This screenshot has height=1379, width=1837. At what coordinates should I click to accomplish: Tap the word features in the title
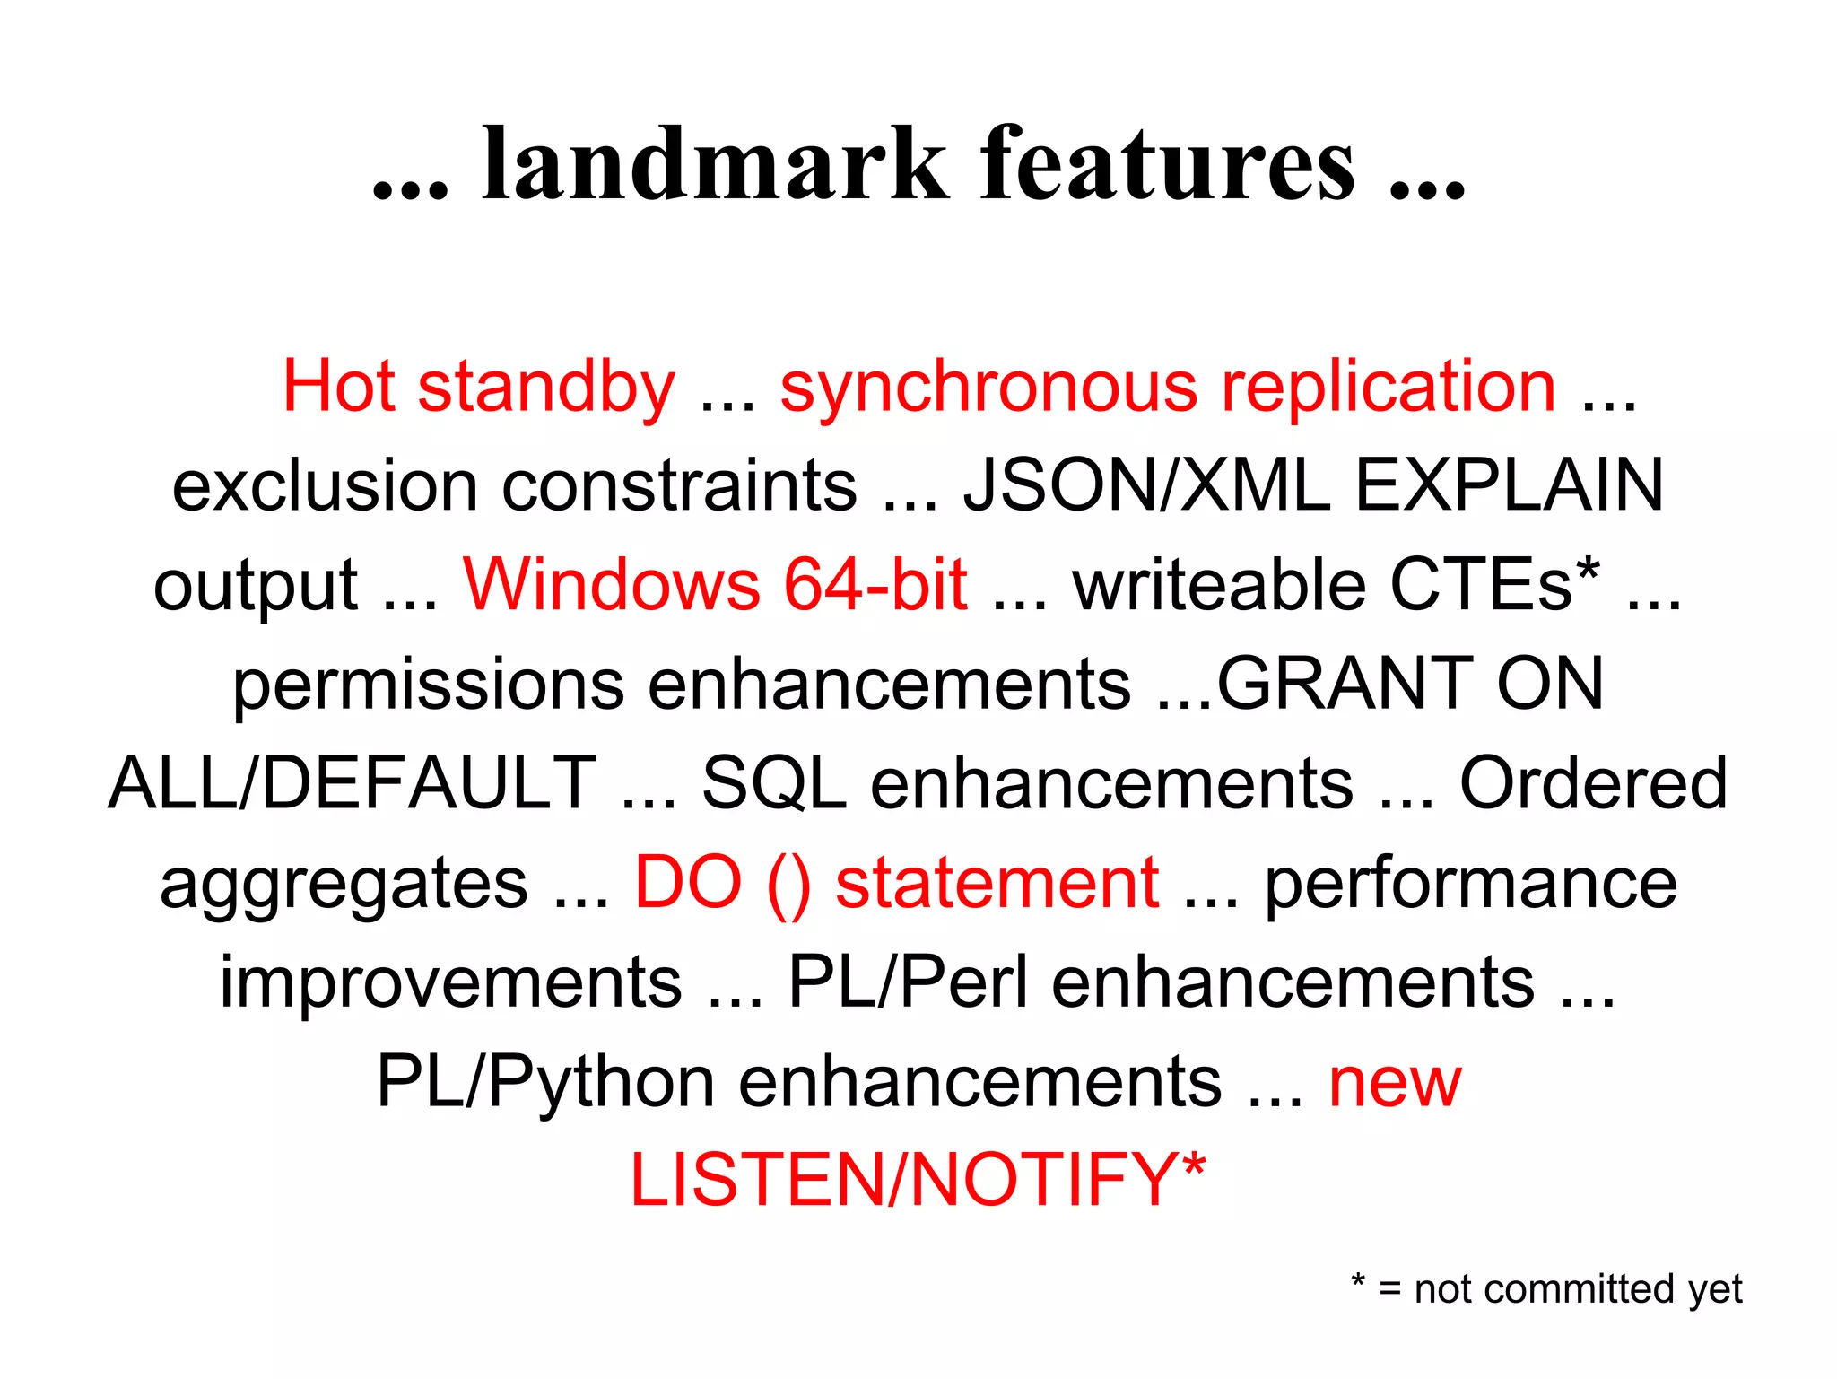[1168, 163]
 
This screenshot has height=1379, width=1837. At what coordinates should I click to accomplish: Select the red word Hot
[338, 387]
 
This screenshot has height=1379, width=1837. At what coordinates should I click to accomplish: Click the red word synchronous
[988, 387]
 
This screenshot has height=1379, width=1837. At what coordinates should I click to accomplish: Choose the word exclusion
[325, 485]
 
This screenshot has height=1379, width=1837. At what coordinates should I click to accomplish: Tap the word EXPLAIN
[1509, 485]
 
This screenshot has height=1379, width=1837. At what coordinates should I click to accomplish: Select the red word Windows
[611, 585]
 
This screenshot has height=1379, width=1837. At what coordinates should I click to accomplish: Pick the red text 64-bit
[875, 585]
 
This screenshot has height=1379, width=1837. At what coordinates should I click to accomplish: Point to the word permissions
[428, 685]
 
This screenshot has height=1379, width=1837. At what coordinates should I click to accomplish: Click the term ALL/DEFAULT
[353, 783]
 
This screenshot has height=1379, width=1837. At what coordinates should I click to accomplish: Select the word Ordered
[1593, 783]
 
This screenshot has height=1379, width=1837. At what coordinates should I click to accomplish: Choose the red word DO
[688, 883]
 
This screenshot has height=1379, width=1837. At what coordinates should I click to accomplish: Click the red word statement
[997, 883]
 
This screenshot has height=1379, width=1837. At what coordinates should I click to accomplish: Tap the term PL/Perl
[908, 982]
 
